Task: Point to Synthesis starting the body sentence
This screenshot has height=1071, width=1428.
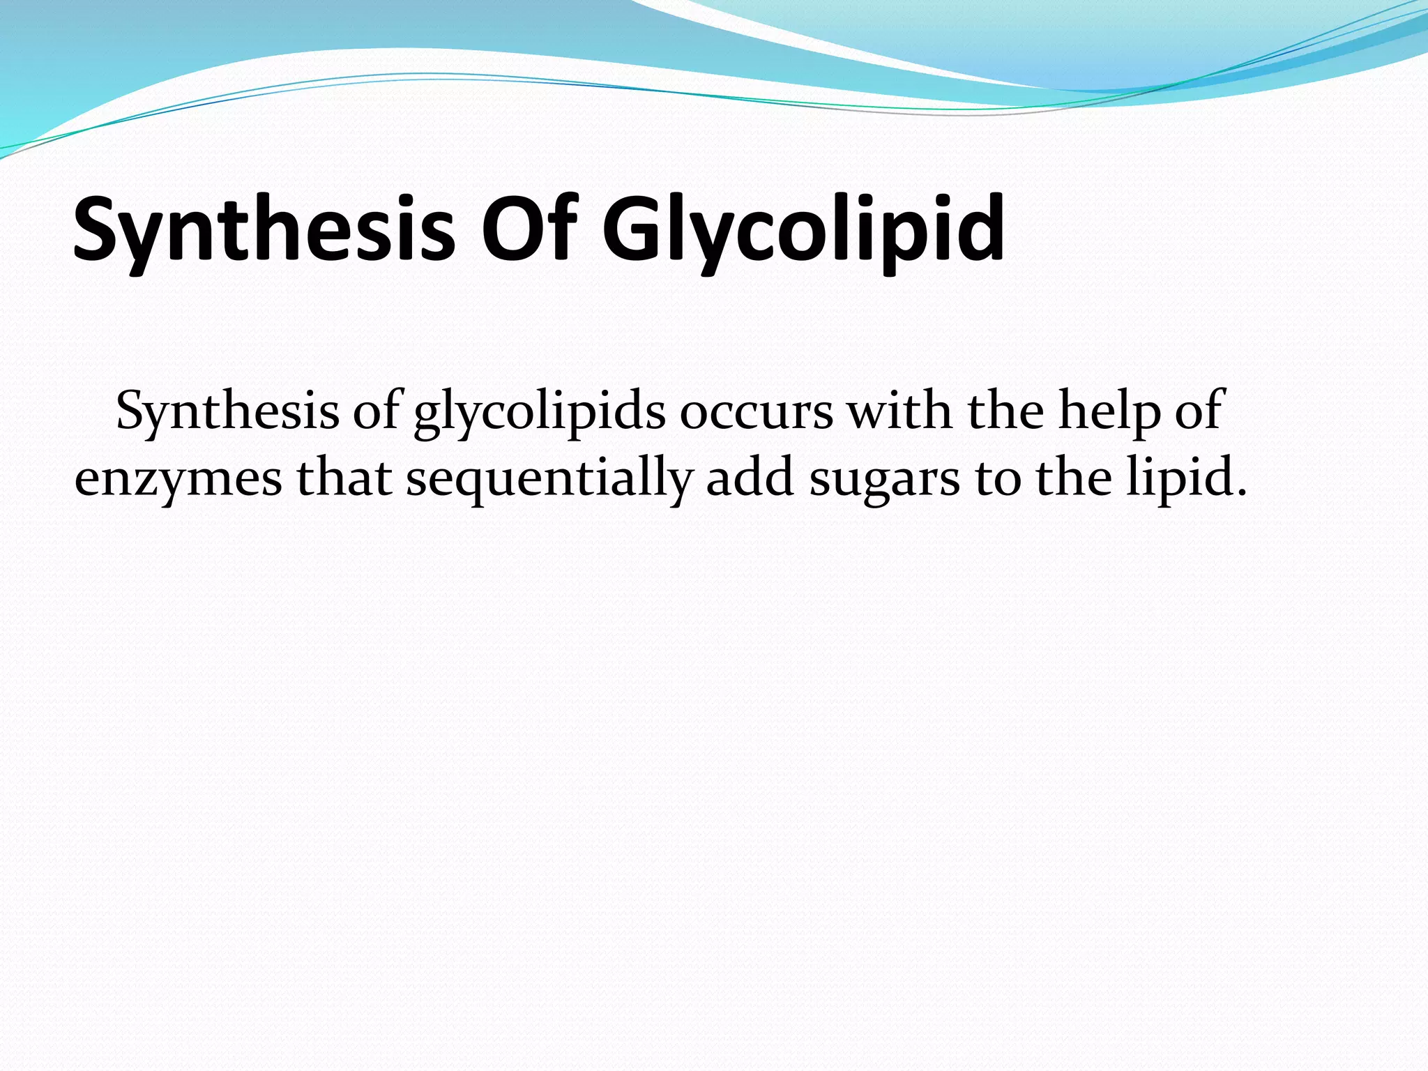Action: (227, 411)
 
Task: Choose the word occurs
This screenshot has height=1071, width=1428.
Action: (756, 411)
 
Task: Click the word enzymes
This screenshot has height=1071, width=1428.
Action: (178, 480)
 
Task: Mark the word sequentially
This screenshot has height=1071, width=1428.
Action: (549, 480)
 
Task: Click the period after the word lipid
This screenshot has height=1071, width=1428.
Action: (1240, 492)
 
